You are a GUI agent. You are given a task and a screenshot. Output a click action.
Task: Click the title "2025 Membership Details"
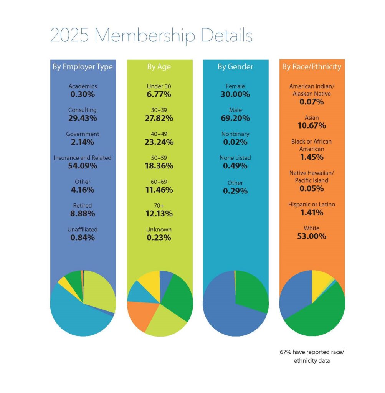(151, 36)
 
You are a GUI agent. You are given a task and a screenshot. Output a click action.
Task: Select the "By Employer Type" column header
(83, 67)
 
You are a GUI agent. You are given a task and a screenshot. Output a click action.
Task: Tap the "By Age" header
(159, 67)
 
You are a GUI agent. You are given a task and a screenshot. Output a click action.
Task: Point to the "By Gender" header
(235, 67)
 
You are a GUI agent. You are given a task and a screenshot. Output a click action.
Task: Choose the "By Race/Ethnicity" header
(312, 67)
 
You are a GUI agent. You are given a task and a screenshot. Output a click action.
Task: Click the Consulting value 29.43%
(82, 118)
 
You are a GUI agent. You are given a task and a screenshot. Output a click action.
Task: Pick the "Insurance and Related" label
(82, 158)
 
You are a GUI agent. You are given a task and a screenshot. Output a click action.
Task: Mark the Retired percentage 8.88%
(82, 213)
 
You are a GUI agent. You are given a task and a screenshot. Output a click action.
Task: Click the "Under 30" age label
(159, 86)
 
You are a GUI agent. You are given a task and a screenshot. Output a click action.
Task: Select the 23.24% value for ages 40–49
(159, 142)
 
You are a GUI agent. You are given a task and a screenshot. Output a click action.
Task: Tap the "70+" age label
(159, 205)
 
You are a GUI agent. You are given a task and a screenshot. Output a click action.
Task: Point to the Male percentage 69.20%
(235, 118)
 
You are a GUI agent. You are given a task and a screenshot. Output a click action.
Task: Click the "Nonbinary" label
(235, 134)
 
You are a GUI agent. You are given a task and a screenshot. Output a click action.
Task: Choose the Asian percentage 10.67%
(312, 126)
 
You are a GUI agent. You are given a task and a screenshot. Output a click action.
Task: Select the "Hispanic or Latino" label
(312, 205)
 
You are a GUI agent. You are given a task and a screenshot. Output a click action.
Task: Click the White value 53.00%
(312, 236)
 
